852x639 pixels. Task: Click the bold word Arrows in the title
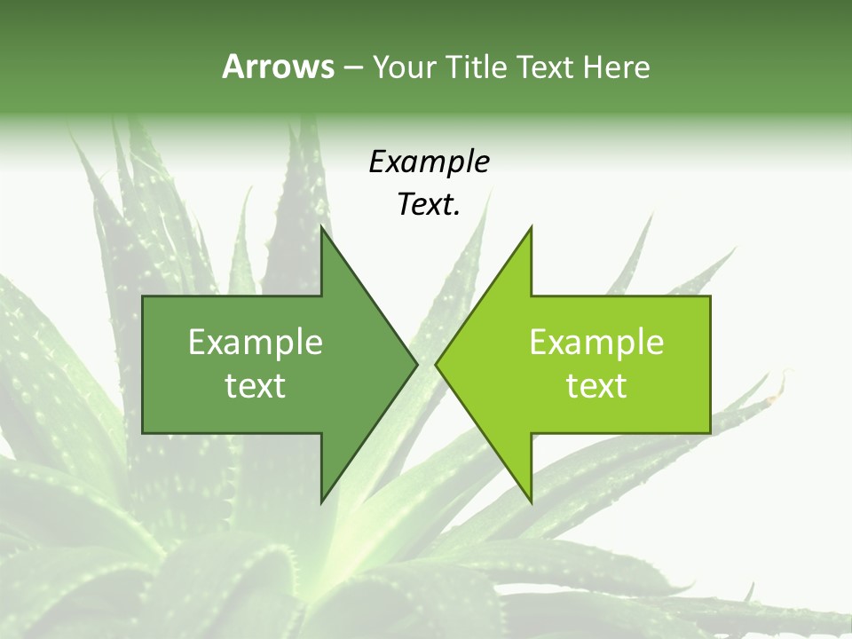click(x=278, y=67)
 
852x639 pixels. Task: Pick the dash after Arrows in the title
click(x=352, y=67)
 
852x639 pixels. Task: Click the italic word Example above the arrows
click(x=429, y=162)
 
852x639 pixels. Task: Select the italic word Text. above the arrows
click(x=429, y=205)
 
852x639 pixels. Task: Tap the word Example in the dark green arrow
click(x=256, y=343)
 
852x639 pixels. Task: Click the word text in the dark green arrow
click(x=256, y=386)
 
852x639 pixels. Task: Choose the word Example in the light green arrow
click(x=596, y=343)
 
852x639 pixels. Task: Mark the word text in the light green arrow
click(x=596, y=386)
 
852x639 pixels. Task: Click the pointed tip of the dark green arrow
click(x=416, y=364)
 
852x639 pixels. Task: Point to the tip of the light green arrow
click(x=437, y=364)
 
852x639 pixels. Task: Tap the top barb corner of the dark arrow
click(x=322, y=228)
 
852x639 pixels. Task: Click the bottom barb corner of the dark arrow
click(x=322, y=501)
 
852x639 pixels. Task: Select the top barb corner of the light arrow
click(x=531, y=228)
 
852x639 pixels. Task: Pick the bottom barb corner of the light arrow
click(x=531, y=501)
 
